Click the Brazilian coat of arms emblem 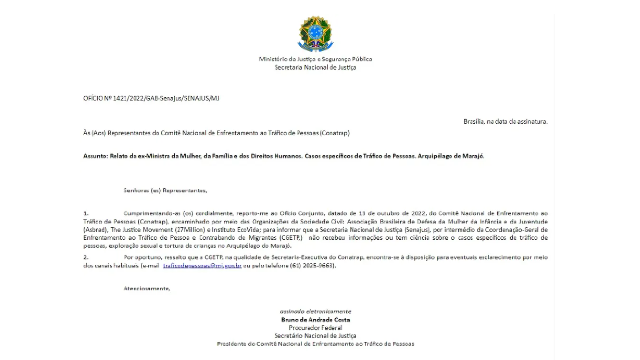click(x=315, y=34)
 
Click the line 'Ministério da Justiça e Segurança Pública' click(x=315, y=59)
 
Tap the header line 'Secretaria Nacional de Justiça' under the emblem click(x=315, y=67)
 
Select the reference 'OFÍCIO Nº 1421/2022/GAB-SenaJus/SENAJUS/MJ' click(x=151, y=98)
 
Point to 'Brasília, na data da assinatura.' click(x=505, y=122)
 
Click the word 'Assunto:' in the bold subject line click(x=96, y=156)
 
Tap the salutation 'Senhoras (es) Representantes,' click(x=165, y=191)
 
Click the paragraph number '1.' click(x=86, y=213)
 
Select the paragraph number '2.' click(x=86, y=257)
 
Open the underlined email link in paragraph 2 click(x=202, y=266)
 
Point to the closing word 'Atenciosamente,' click(x=147, y=289)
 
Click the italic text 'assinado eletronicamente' click(x=315, y=312)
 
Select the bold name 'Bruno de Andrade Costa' click(x=315, y=320)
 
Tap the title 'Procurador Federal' click(x=315, y=328)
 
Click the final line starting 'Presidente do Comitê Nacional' click(x=315, y=344)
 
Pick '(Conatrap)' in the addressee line click(x=335, y=133)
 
